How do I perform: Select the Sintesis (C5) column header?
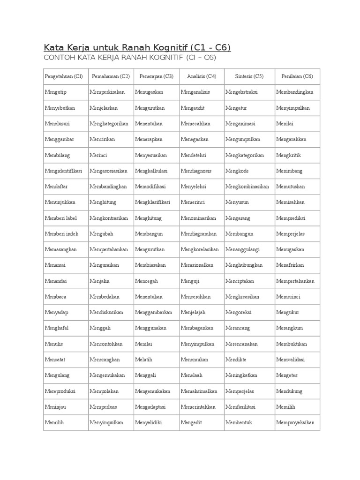250,76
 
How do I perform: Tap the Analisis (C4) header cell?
202,76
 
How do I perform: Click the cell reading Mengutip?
56,92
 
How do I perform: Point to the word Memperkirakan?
107,92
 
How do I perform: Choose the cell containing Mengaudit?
192,108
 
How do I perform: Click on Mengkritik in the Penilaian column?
288,155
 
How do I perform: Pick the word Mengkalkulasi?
151,171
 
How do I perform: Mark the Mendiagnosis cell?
196,171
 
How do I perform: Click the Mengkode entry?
237,171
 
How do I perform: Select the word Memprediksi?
291,218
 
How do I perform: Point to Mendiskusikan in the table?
106,312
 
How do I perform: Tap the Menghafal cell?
56,328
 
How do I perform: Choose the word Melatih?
143,360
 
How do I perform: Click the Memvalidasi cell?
291,360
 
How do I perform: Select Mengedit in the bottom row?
191,422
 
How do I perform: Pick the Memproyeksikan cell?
295,422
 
